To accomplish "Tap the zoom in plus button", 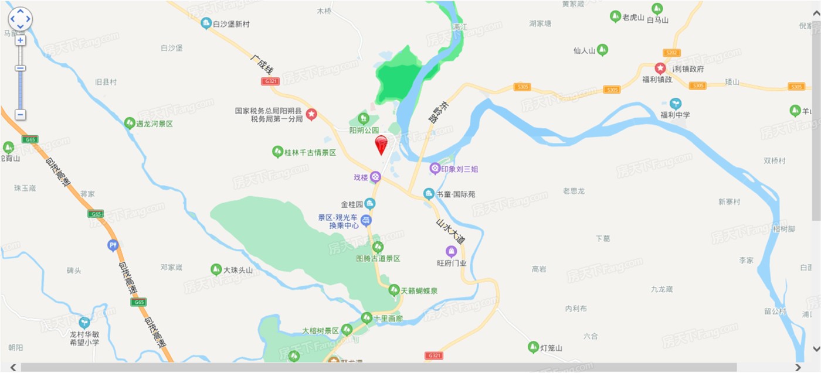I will pos(20,40).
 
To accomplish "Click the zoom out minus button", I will pos(20,115).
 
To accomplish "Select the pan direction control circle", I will pos(20,19).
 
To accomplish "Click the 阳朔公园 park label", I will pos(364,130).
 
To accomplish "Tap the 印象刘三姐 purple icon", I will pos(435,169).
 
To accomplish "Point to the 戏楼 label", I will pos(360,177).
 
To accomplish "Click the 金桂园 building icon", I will pos(370,204).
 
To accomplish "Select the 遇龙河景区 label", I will pos(155,124).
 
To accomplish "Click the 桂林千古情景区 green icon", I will pos(278,152).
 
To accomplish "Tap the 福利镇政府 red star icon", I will pos(660,69).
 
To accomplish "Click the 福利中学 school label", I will pos(675,115).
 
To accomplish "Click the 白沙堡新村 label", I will pos(231,24).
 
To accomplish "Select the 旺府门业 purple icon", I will pos(451,252).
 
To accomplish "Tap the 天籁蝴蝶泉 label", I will pos(419,290).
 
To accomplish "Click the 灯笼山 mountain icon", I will pos(533,347).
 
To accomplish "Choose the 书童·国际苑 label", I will pos(456,194).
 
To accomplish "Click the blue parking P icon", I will pos(113,246).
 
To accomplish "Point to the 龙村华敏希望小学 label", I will pos(84,338).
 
